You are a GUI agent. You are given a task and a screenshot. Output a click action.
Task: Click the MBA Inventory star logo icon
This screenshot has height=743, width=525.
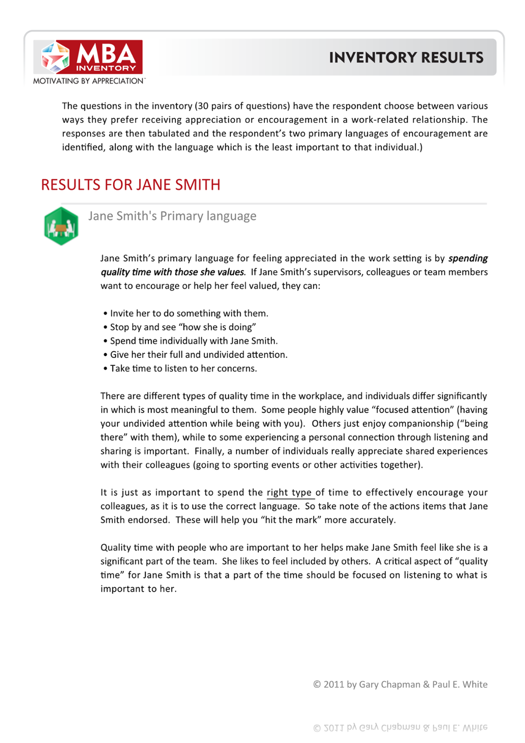pyautogui.click(x=55, y=57)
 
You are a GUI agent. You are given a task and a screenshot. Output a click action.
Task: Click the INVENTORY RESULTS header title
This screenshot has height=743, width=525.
pyautogui.click(x=406, y=58)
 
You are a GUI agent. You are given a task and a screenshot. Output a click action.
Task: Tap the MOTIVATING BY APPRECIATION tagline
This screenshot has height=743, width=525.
pyautogui.click(x=89, y=81)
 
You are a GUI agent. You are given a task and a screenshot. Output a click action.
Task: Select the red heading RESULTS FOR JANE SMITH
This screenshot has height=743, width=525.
pyautogui.click(x=130, y=185)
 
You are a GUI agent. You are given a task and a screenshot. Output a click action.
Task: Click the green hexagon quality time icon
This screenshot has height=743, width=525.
pyautogui.click(x=61, y=226)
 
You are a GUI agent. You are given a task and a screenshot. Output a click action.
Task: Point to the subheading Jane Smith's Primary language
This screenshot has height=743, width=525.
pyautogui.click(x=172, y=216)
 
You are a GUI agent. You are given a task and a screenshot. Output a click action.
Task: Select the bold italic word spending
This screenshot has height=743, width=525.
pyautogui.click(x=467, y=258)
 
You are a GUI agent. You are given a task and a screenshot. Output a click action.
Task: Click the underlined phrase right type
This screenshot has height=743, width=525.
pyautogui.click(x=289, y=493)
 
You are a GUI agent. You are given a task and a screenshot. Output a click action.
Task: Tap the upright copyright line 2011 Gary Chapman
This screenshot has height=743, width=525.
pyautogui.click(x=400, y=684)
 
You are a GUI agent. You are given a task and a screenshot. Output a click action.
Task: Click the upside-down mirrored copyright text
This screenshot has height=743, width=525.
pyautogui.click(x=400, y=727)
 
